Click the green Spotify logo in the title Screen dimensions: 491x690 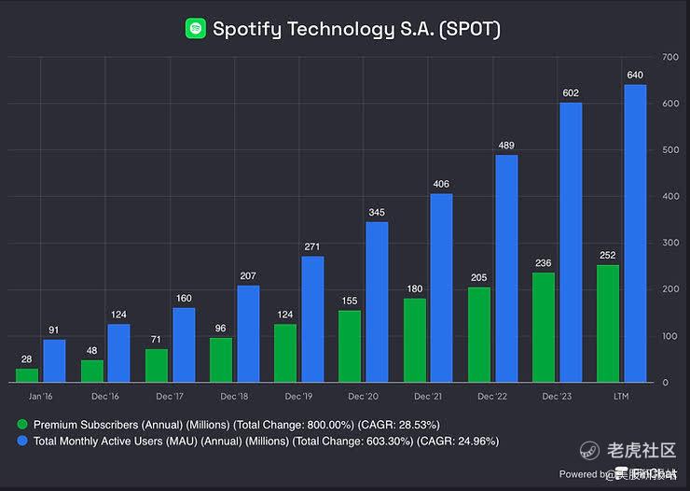point(196,29)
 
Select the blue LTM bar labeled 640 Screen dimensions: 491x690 point(635,233)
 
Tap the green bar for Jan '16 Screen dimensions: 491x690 point(28,374)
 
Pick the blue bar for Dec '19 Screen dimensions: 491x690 point(312,318)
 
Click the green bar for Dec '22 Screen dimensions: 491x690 point(479,334)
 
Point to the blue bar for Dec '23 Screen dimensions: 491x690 point(571,242)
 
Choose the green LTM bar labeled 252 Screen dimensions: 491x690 point(607,323)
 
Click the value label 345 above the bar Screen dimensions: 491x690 point(377,213)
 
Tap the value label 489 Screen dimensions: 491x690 point(506,146)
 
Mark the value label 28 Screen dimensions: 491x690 point(27,359)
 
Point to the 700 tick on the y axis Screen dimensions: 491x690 point(669,57)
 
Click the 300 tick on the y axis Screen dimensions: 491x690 point(669,243)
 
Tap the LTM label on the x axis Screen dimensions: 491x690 point(621,397)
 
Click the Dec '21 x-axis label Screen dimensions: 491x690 point(427,397)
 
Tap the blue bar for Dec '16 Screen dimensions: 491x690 point(118,353)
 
